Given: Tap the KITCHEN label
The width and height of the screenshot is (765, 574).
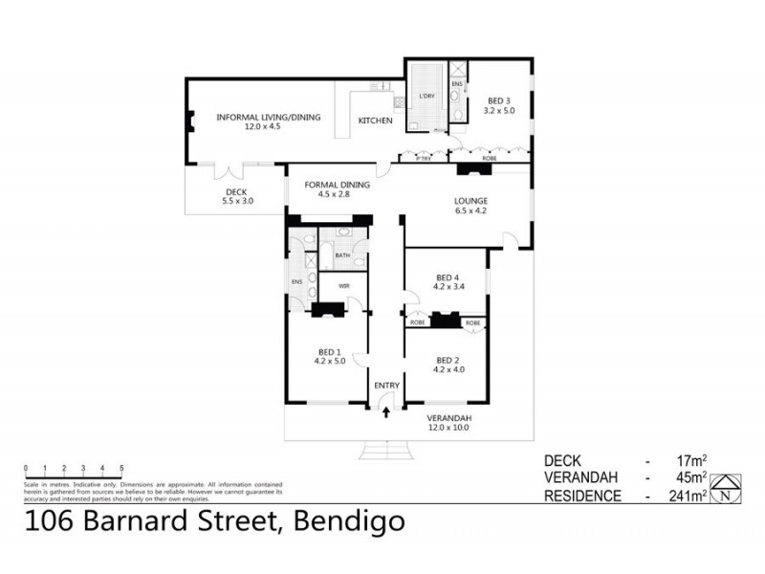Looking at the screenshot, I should pyautogui.click(x=376, y=121).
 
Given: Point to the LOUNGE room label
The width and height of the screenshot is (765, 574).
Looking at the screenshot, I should pyautogui.click(x=470, y=201).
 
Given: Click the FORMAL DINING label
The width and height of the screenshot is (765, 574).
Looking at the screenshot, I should pyautogui.click(x=330, y=185).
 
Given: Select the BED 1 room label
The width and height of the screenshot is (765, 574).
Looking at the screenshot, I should pyautogui.click(x=328, y=350).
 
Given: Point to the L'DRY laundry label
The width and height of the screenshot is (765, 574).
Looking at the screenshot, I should pyautogui.click(x=426, y=97).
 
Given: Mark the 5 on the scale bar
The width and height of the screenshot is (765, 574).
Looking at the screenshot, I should pyautogui.click(x=121, y=469).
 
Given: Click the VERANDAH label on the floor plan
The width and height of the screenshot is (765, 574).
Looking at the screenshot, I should pyautogui.click(x=448, y=418).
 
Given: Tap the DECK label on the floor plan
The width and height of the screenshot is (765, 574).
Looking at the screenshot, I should pyautogui.click(x=235, y=191).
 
